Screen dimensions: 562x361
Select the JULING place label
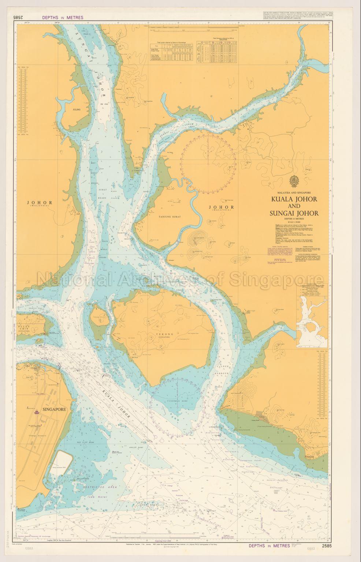(77, 109)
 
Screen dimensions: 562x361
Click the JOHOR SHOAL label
(146, 505)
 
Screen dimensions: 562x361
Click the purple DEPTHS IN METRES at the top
(62, 17)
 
